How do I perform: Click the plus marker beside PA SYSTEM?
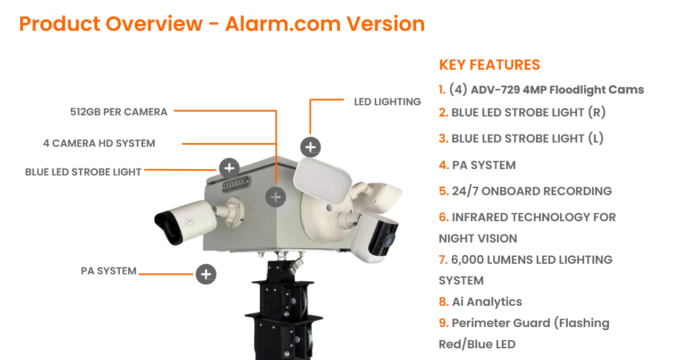click(x=206, y=274)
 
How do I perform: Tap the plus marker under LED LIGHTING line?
click(x=310, y=147)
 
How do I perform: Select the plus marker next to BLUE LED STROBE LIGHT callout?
click(x=229, y=168)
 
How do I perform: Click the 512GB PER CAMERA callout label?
click(x=119, y=112)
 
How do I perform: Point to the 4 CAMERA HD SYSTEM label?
click(x=99, y=143)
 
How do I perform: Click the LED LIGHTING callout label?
click(x=387, y=102)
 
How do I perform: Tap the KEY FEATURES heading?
click(x=490, y=65)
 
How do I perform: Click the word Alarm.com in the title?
click(x=283, y=24)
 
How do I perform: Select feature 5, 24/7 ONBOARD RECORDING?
click(x=525, y=191)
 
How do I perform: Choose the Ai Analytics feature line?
click(x=480, y=302)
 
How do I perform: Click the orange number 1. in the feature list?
click(x=443, y=90)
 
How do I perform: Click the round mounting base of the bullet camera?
click(x=234, y=213)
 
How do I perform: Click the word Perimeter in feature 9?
click(x=501, y=323)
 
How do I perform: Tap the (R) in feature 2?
click(x=597, y=112)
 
